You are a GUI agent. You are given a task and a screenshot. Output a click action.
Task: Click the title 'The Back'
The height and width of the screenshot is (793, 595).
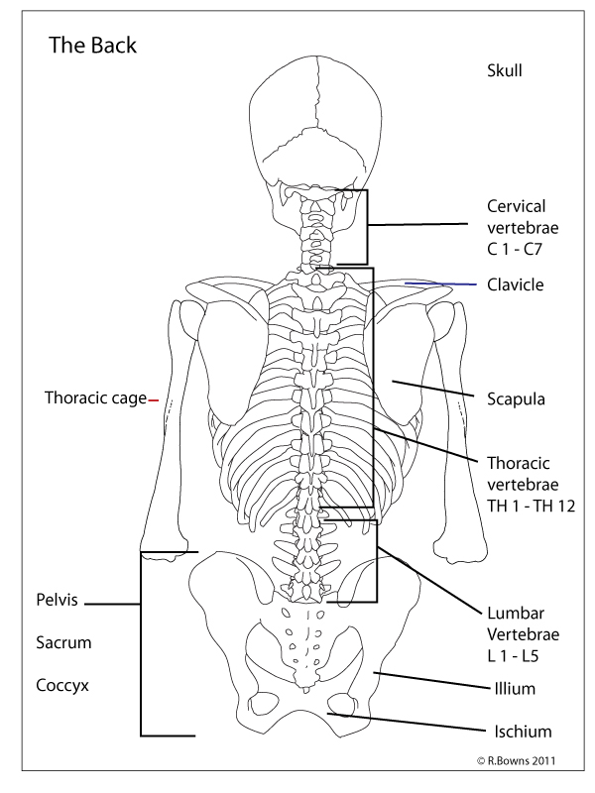coord(93,46)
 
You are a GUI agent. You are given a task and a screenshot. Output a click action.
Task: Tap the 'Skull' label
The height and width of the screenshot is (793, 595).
coord(504,70)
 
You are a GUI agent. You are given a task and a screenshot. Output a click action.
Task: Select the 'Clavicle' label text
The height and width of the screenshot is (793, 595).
coord(516,284)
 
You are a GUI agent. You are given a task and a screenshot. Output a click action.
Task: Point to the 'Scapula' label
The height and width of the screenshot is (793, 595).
coord(517,399)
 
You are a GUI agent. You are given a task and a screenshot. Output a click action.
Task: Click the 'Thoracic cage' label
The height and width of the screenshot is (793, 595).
coord(94,398)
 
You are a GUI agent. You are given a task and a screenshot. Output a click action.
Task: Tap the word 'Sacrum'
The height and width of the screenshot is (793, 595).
coord(63,642)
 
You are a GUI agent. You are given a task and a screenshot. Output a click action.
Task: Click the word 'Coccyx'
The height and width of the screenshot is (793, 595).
coord(63,685)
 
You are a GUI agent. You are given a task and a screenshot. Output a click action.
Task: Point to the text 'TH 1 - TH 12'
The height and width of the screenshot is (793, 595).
coord(532,506)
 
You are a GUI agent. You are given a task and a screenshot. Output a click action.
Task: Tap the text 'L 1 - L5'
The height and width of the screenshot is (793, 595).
coord(516,654)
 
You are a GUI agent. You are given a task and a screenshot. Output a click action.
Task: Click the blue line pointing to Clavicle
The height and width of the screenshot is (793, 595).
coord(441,284)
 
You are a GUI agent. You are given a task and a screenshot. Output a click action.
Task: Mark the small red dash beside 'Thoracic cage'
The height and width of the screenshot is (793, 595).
coord(154,399)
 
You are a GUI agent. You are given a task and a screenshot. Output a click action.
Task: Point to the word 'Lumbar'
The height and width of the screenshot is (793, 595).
coord(515,613)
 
